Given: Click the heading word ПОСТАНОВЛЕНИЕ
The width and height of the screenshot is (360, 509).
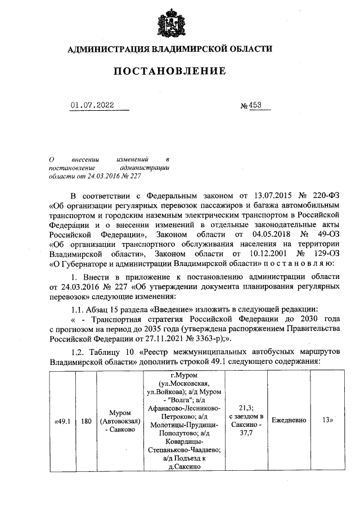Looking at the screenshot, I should tap(170, 71).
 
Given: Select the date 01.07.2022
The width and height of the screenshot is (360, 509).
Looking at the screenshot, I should tap(92, 105).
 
